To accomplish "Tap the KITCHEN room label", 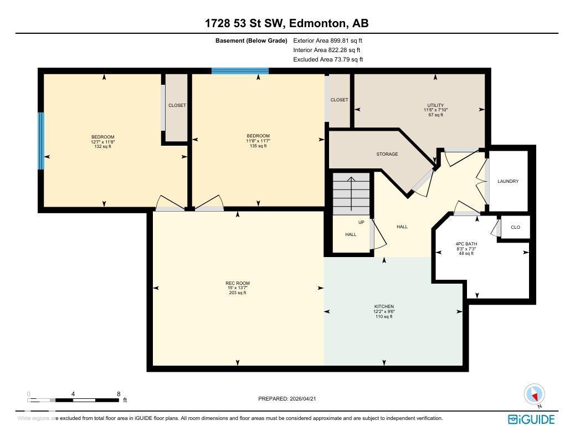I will click(384, 306).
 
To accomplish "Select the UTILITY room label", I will click(435, 105).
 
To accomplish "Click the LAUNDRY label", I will click(508, 181).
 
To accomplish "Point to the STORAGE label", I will click(387, 154).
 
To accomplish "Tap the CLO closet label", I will click(515, 227).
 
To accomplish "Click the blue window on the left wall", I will click(41, 141).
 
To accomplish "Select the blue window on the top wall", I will click(240, 71).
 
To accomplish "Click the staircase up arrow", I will click(351, 194).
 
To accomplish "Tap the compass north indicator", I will click(535, 395).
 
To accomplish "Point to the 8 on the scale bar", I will click(119, 394).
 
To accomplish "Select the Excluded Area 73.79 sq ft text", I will click(328, 59).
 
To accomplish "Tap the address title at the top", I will click(287, 23).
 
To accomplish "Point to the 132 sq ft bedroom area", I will click(103, 147).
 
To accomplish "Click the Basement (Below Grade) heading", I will click(251, 40).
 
